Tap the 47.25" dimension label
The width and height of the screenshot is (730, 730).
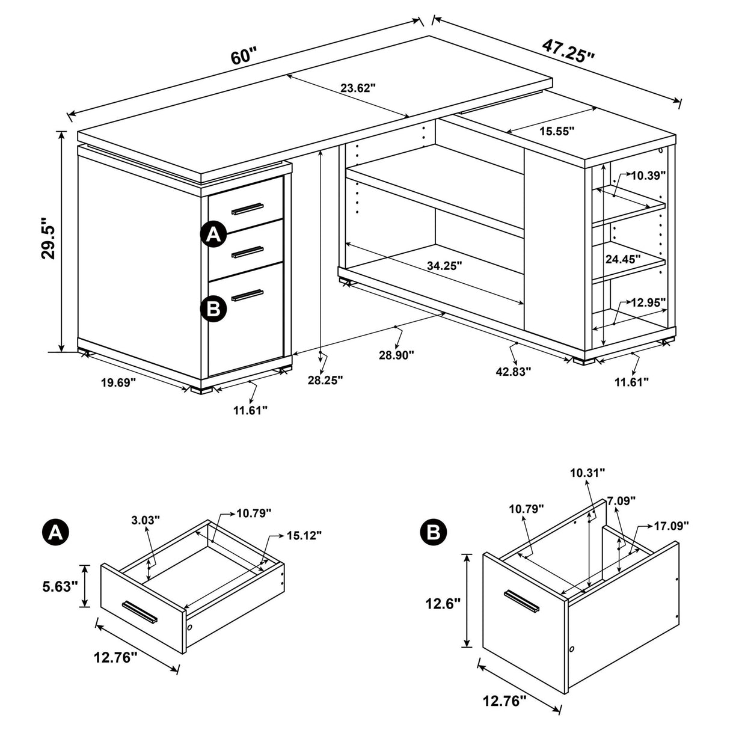click(x=568, y=49)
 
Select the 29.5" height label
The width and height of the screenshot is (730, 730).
click(x=49, y=242)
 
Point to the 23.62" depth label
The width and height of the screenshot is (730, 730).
click(x=358, y=88)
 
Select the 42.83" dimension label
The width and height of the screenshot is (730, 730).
click(x=514, y=372)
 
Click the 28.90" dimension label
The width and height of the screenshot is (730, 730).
click(x=397, y=355)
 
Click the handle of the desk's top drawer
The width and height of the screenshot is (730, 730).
click(x=247, y=209)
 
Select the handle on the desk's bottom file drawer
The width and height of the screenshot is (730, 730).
click(x=247, y=295)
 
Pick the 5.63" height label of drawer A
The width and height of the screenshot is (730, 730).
click(x=60, y=586)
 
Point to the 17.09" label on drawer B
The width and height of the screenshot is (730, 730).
click(x=671, y=526)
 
